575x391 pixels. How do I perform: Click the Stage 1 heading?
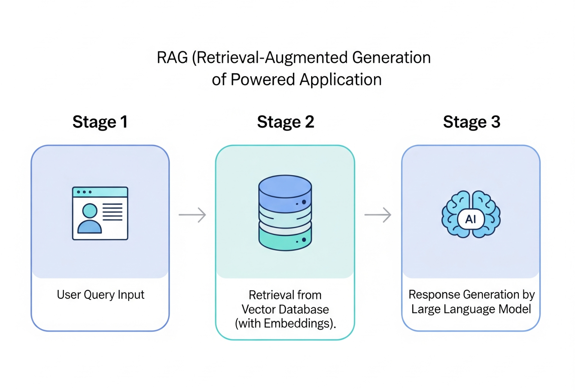click(100, 122)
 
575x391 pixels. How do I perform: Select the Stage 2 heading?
click(285, 122)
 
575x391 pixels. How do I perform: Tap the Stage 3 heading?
click(471, 122)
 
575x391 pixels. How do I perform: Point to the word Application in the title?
click(340, 80)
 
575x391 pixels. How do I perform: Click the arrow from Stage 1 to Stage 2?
click(192, 215)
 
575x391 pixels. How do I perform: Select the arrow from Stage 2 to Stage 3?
click(378, 215)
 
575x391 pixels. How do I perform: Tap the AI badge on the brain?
click(471, 219)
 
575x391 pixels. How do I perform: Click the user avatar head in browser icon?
click(90, 211)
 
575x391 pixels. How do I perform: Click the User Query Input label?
click(100, 295)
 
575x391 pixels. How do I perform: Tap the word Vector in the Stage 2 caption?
click(256, 309)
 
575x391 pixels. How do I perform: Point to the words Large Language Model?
click(471, 309)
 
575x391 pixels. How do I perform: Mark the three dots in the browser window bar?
click(84, 192)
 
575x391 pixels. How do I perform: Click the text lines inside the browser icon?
click(112, 212)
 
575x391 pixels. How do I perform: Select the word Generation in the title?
click(391, 58)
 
